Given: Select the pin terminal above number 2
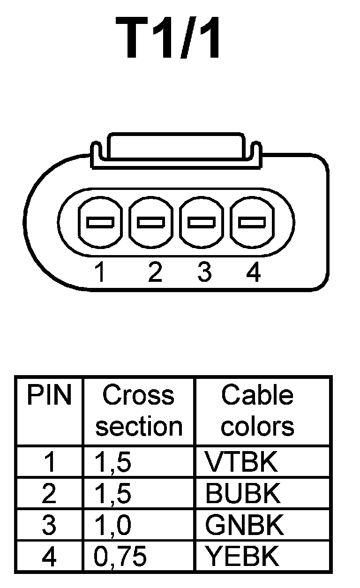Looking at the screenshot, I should [150, 222].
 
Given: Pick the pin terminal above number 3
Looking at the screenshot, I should [202, 222].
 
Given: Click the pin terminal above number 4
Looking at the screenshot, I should [252, 222].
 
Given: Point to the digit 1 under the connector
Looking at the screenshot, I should [99, 272].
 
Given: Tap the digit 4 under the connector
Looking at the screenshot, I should [253, 272].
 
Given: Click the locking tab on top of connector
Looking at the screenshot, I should [175, 148].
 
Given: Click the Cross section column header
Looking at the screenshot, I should [138, 411].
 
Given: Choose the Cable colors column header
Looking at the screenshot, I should [257, 411].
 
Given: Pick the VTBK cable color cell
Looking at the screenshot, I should [241, 462].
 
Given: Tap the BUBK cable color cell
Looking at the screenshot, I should [243, 493].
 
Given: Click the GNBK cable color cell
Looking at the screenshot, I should [244, 525].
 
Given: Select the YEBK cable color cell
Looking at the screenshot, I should [242, 557].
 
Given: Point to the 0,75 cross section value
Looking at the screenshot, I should [120, 557].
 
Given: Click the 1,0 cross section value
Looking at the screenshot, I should [113, 525].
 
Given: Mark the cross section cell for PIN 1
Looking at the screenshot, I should [113, 462].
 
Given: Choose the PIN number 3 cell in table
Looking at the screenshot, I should [49, 525].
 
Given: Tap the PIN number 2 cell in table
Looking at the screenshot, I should [49, 493].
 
